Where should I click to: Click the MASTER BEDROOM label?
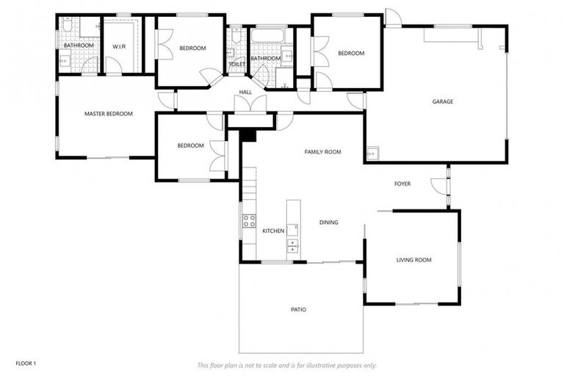[x=108, y=114]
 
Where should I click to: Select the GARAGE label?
[x=442, y=101]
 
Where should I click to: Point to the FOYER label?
[x=402, y=184]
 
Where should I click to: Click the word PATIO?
[x=298, y=310]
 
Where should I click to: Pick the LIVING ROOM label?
[x=413, y=260]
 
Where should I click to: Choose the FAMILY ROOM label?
[x=323, y=152]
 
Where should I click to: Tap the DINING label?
[x=328, y=223]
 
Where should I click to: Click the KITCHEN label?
[x=273, y=231]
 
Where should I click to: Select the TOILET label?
[x=236, y=65]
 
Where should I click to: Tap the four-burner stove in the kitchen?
[x=249, y=219]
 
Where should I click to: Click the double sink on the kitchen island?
[x=293, y=245]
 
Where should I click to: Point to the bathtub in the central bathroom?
[x=271, y=35]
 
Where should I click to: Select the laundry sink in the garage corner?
[x=372, y=153]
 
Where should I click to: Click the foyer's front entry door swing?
[x=439, y=187]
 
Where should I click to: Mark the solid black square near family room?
[x=247, y=135]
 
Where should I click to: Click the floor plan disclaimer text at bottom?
[x=286, y=365]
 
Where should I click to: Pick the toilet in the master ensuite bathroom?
[x=67, y=25]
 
